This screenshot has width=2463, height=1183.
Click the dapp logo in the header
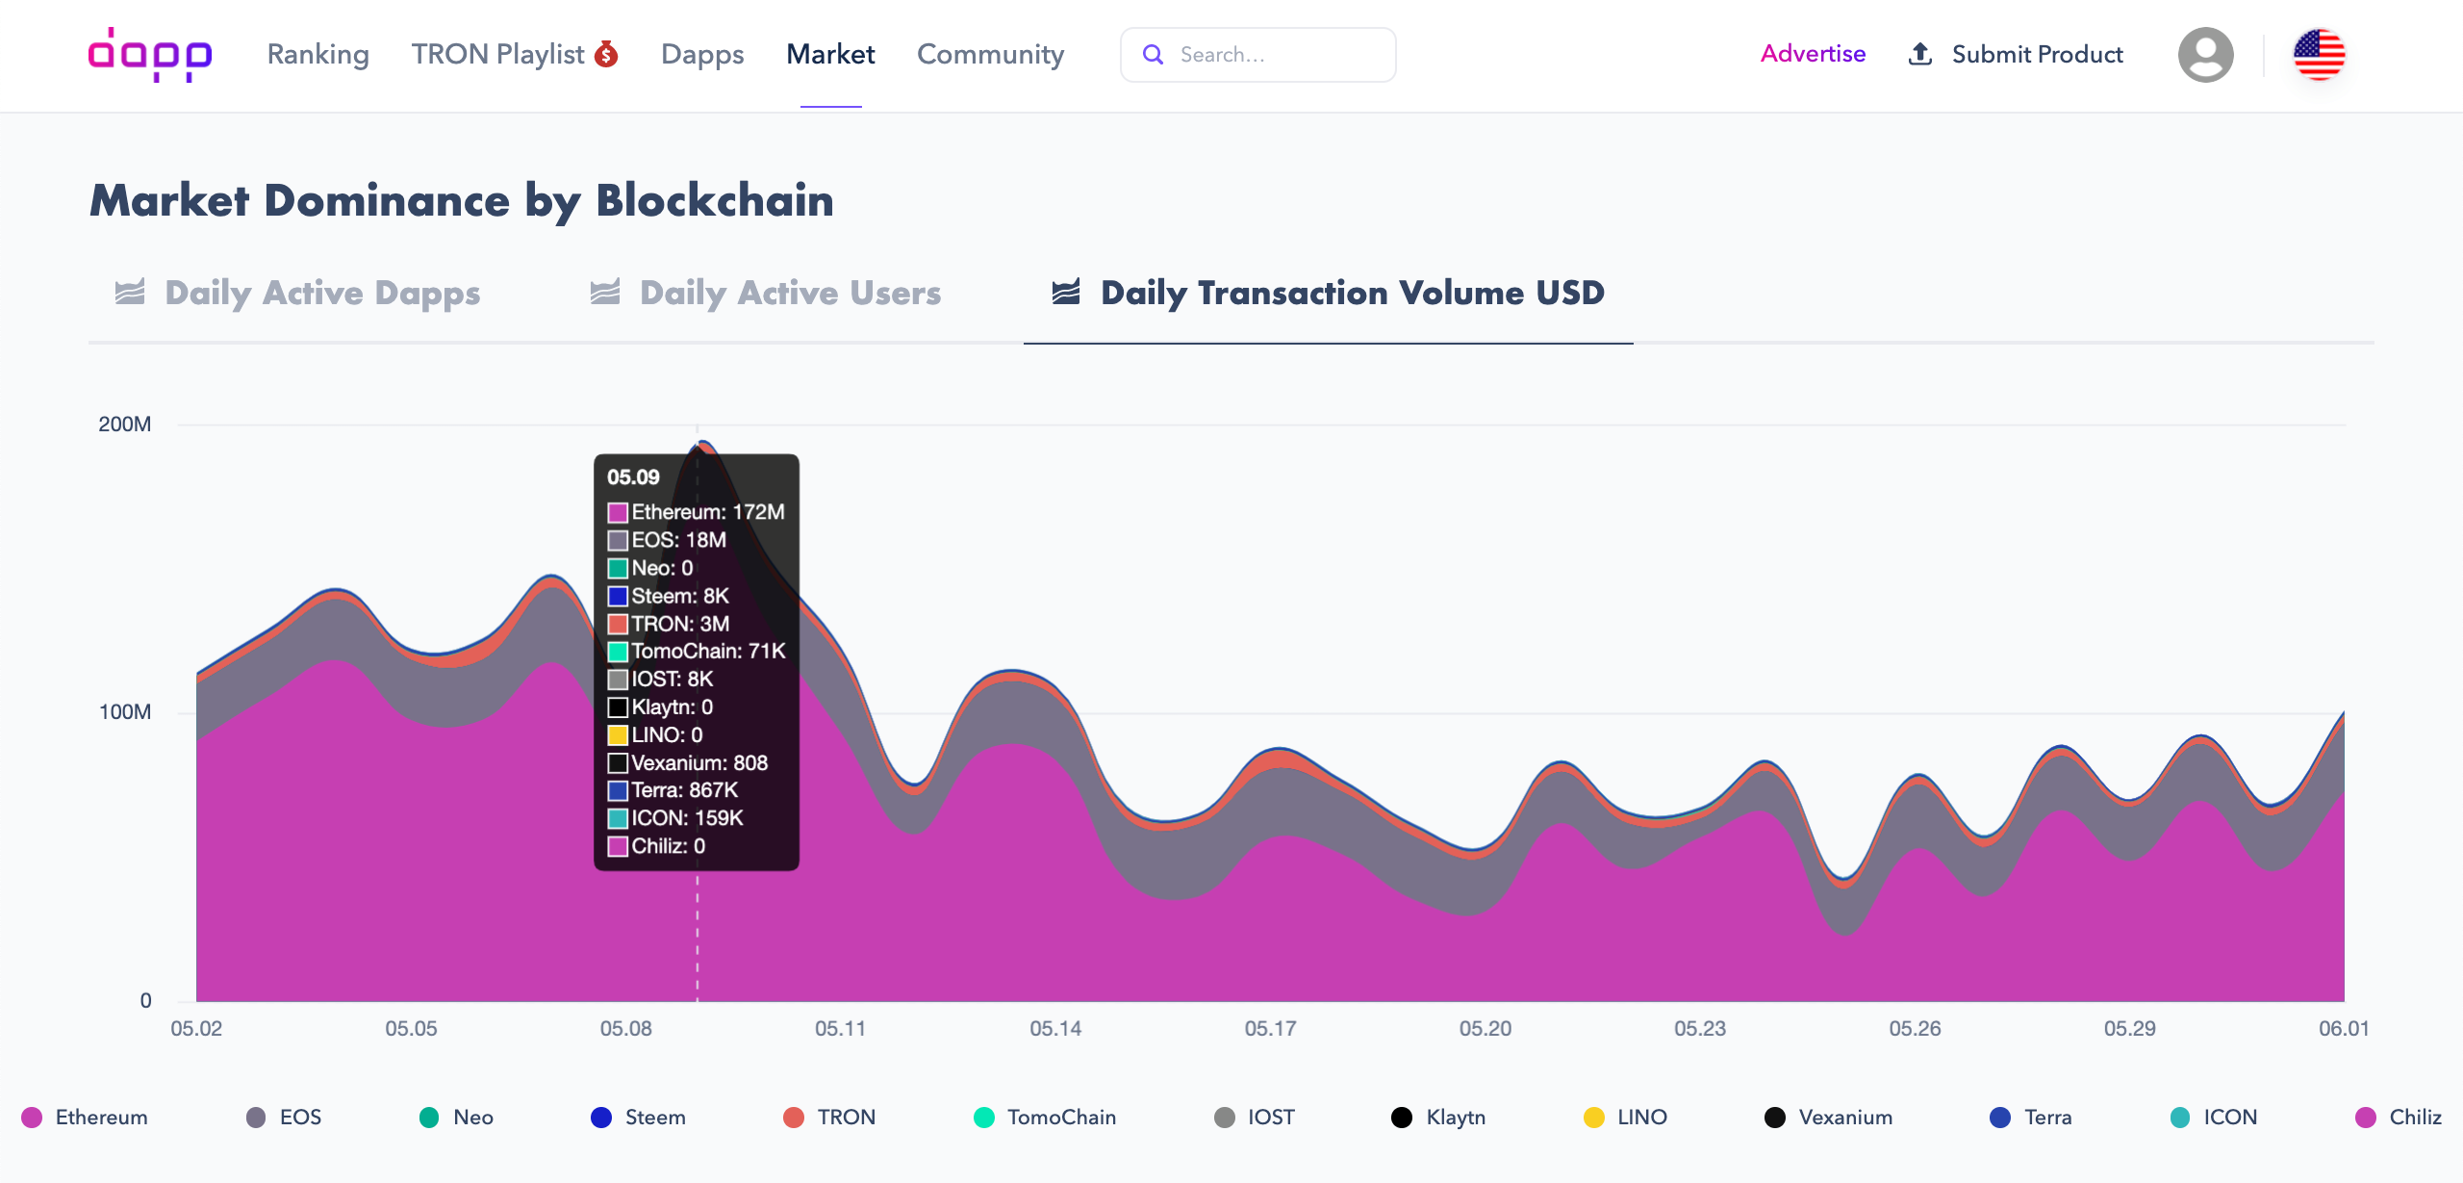pyautogui.click(x=150, y=54)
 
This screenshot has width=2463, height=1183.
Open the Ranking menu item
pyautogui.click(x=317, y=54)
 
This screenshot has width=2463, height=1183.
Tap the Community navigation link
pyautogui.click(x=990, y=54)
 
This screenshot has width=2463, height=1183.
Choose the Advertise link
pyautogui.click(x=1813, y=54)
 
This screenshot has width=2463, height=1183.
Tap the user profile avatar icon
pyautogui.click(x=2205, y=55)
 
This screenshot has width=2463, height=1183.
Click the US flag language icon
pyautogui.click(x=2319, y=55)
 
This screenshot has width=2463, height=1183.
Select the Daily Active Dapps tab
pyautogui.click(x=298, y=293)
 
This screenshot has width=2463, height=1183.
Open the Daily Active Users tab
pyautogui.click(x=766, y=293)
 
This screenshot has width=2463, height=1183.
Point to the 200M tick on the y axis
pyautogui.click(x=125, y=424)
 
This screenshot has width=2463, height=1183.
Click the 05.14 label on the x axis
pyautogui.click(x=1055, y=1028)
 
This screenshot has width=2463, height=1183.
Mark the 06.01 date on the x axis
pyautogui.click(x=2343, y=1028)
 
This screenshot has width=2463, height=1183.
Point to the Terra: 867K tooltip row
pyautogui.click(x=684, y=790)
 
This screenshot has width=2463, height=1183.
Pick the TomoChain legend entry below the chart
pyautogui.click(x=1045, y=1117)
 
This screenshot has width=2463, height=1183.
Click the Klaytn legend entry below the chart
pyautogui.click(x=1439, y=1117)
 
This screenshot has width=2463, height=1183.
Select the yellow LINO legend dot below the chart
pyautogui.click(x=1594, y=1117)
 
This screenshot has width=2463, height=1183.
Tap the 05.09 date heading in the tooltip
pyautogui.click(x=633, y=477)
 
